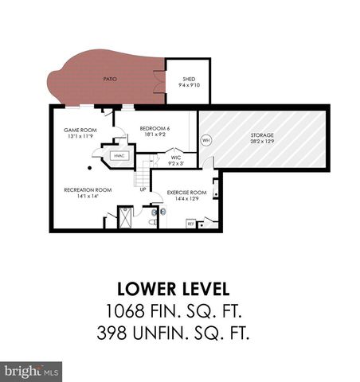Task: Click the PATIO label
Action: coord(110,79)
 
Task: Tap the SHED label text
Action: coord(189,79)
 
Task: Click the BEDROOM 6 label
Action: coord(155,128)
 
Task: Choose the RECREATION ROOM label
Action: coord(88,189)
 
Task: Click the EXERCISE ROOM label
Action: coord(187,193)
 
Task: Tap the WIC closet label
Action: coord(177,158)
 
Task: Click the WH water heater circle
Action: coord(205,141)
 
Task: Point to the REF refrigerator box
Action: coord(191,224)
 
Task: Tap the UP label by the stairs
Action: coord(143,189)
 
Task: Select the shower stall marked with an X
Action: coord(125,217)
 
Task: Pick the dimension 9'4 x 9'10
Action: coord(189,85)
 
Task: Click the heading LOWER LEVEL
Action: coord(180,287)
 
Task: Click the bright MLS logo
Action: coord(32,370)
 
